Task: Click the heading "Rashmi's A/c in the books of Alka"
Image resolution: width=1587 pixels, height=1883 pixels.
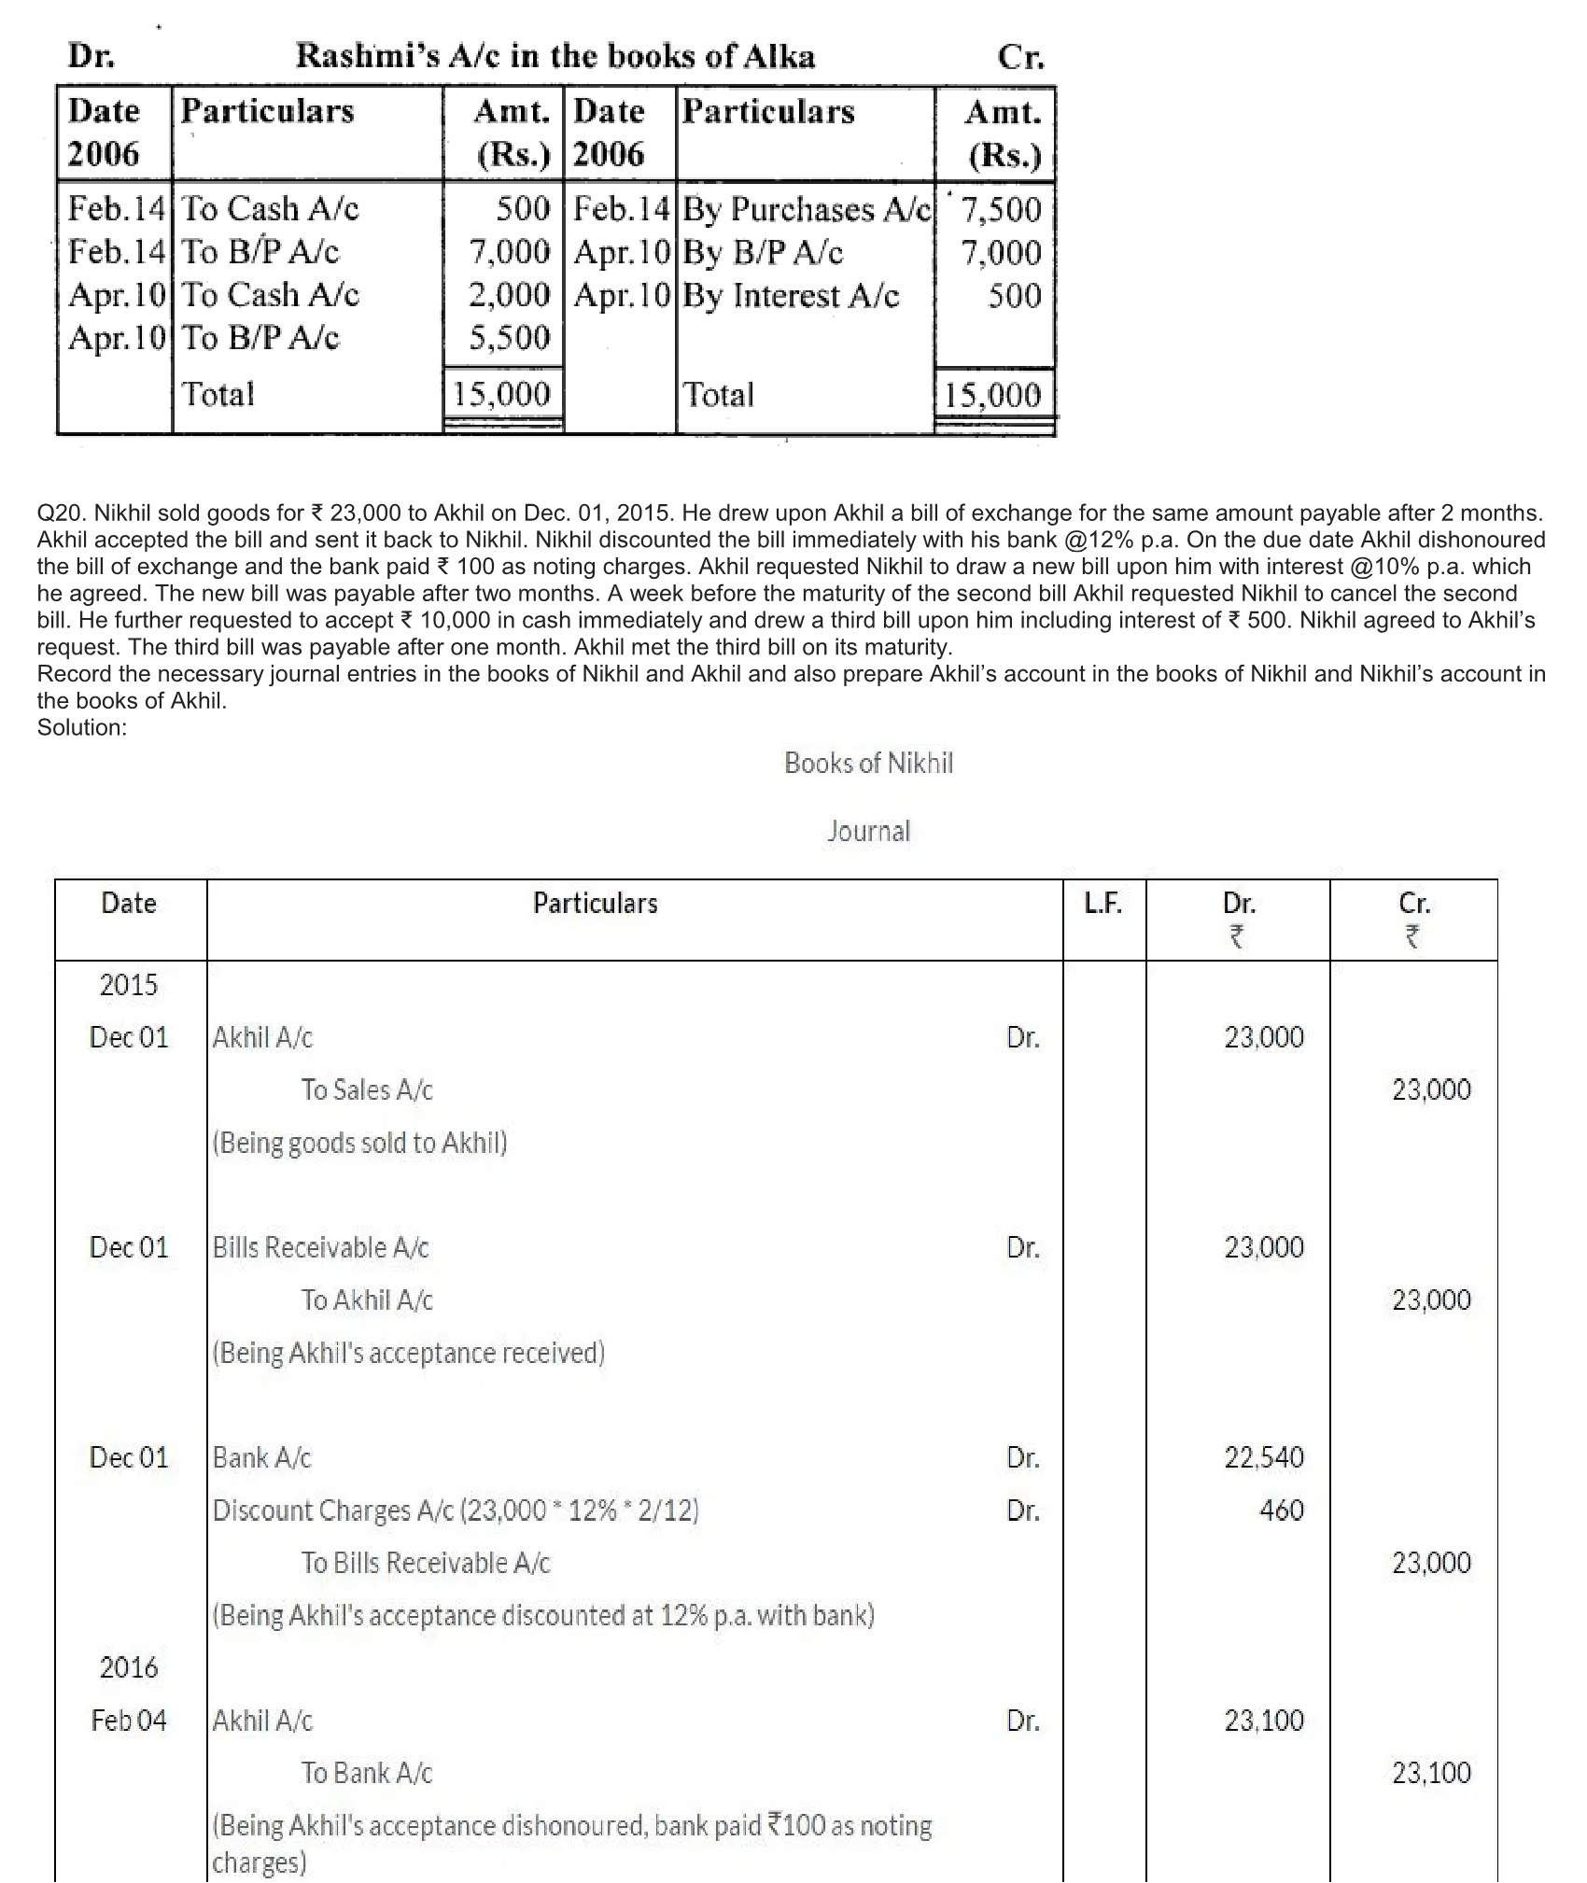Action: click(555, 57)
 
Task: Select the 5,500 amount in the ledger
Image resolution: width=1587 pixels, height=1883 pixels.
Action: click(510, 337)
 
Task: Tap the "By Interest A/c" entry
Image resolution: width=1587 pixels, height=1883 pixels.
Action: click(791, 296)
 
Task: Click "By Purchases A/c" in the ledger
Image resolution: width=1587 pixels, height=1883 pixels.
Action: click(807, 209)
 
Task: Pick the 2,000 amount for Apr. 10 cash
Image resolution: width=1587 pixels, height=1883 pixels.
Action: click(510, 295)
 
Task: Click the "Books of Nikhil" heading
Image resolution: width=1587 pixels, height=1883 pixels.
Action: click(868, 764)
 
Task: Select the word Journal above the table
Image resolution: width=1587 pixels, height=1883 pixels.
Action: click(868, 831)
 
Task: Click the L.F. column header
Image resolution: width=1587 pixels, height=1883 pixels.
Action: click(1102, 903)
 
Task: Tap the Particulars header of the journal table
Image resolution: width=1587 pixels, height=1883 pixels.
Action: click(596, 903)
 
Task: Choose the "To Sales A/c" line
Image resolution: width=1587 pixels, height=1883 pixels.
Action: click(367, 1089)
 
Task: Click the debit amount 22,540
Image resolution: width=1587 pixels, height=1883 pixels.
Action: click(1264, 1457)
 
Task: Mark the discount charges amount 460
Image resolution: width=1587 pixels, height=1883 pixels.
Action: click(1281, 1510)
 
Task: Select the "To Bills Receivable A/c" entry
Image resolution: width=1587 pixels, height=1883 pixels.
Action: click(426, 1563)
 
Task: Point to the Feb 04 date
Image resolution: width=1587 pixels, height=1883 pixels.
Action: click(129, 1720)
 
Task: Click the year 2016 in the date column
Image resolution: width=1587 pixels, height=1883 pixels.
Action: click(129, 1667)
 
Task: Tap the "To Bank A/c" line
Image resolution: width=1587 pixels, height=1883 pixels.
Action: click(367, 1773)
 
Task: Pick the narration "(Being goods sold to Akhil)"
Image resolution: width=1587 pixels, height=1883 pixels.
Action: click(359, 1143)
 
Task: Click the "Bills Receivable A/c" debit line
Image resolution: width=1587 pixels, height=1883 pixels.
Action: click(320, 1247)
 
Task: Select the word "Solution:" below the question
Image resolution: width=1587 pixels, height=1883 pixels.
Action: click(82, 727)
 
